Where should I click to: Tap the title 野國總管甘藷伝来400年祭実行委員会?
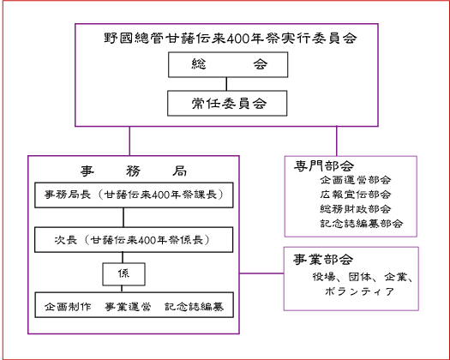(x=231, y=38)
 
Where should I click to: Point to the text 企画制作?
(x=68, y=307)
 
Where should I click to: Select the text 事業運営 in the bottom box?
(x=128, y=307)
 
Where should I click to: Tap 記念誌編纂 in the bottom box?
(x=194, y=307)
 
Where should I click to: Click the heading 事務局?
(x=134, y=171)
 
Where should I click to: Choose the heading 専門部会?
(x=324, y=165)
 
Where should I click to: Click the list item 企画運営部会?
(x=356, y=180)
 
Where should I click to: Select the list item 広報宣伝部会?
(x=356, y=195)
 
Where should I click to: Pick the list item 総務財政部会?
(x=356, y=208)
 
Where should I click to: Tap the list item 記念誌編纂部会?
(x=362, y=224)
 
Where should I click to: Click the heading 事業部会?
(x=323, y=260)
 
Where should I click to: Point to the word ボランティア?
(x=360, y=291)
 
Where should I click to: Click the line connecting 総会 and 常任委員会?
(x=226, y=84)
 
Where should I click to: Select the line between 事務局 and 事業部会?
(x=261, y=273)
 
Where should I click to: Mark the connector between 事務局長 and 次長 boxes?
(x=123, y=218)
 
